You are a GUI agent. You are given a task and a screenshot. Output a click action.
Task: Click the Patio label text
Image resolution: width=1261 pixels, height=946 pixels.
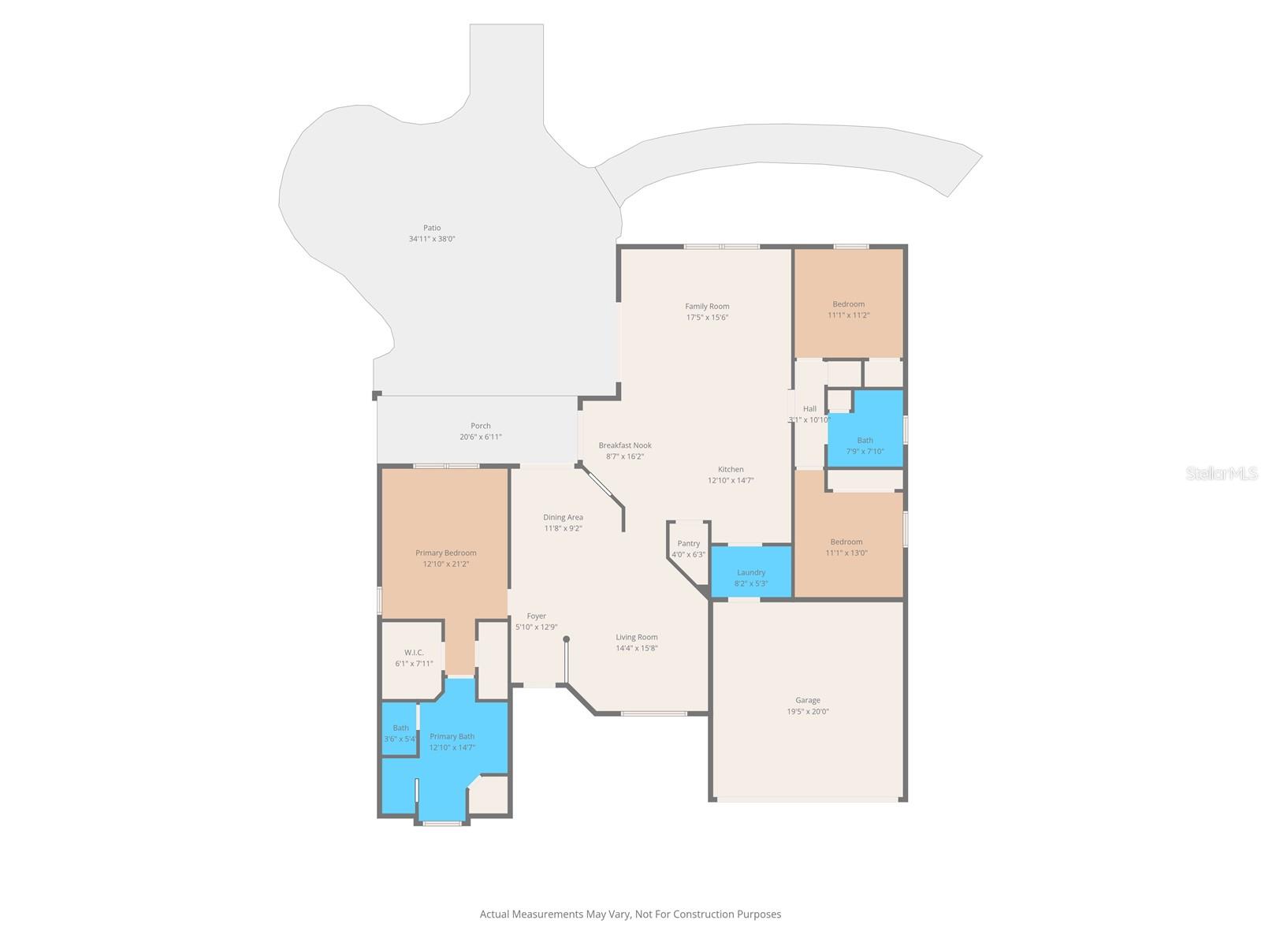coord(432,228)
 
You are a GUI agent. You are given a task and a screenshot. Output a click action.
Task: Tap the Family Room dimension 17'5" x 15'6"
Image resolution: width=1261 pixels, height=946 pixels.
coord(707,318)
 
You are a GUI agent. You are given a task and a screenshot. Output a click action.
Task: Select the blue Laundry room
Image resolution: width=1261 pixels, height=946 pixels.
coord(751,573)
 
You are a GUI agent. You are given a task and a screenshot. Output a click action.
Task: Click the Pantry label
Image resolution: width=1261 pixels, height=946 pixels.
coord(688,543)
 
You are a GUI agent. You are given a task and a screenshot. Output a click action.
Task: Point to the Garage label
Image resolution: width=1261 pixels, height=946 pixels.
coord(807,700)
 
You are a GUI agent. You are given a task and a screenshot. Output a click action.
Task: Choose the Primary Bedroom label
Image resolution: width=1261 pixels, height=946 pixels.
coord(446,553)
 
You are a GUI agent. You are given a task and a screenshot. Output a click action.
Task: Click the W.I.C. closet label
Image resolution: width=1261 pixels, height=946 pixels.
coord(414,653)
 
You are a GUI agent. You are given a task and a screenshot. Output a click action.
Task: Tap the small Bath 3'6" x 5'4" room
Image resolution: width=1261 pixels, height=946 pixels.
coord(400,734)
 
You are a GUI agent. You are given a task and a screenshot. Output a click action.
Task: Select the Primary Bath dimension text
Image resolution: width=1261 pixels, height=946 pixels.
coord(452,747)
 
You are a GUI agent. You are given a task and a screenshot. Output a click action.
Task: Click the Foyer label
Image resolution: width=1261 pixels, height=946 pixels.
coord(536,616)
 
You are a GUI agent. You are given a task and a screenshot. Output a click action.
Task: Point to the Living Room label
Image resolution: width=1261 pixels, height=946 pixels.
coord(637,637)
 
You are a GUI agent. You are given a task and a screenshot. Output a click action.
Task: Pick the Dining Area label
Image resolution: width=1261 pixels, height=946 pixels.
coord(563,517)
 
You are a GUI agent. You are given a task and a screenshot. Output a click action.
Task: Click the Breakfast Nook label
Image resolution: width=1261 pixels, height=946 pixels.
coord(625,445)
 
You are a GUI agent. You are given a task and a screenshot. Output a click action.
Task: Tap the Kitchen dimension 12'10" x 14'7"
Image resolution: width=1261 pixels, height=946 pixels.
coord(731,480)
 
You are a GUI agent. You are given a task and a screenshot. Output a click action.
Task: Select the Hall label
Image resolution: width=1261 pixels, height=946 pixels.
coord(809,408)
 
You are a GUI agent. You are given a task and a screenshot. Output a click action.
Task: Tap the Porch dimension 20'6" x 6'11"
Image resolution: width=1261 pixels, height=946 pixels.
coord(481,437)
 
